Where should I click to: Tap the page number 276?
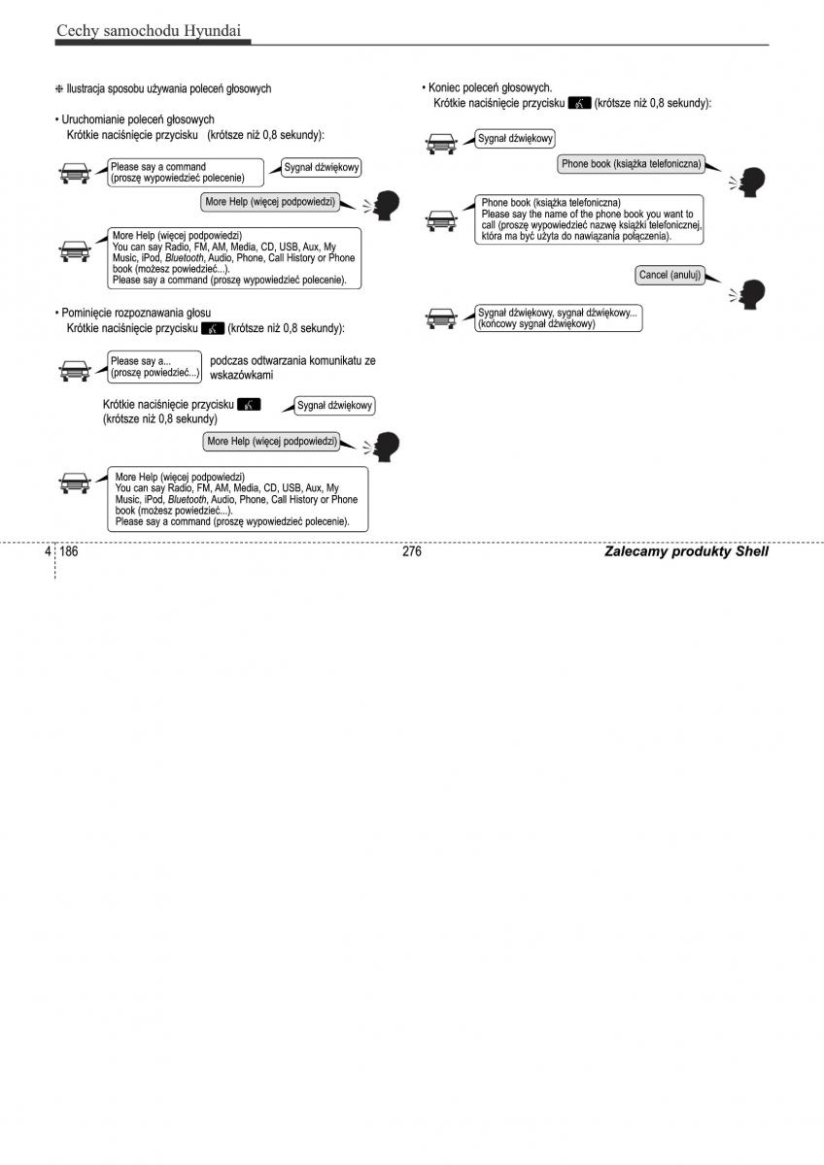[411, 551]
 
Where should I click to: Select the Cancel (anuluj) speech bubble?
[669, 276]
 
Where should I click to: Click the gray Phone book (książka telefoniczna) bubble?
[631, 164]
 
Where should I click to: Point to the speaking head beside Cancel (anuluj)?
[752, 292]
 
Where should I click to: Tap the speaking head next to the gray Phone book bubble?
[752, 182]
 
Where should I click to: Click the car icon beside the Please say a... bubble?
[75, 369]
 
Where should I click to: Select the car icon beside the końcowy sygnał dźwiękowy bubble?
[442, 317]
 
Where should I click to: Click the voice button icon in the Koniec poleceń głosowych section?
[580, 103]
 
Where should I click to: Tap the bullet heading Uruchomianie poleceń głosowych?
[135, 119]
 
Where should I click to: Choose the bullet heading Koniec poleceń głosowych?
[487, 87]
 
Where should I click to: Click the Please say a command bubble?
[185, 173]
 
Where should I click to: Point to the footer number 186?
[69, 551]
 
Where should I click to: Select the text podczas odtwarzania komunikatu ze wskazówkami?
[292, 367]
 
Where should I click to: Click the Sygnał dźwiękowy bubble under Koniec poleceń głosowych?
[515, 140]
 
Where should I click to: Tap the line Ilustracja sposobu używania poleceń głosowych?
[164, 88]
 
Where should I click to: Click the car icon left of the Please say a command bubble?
[75, 175]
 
